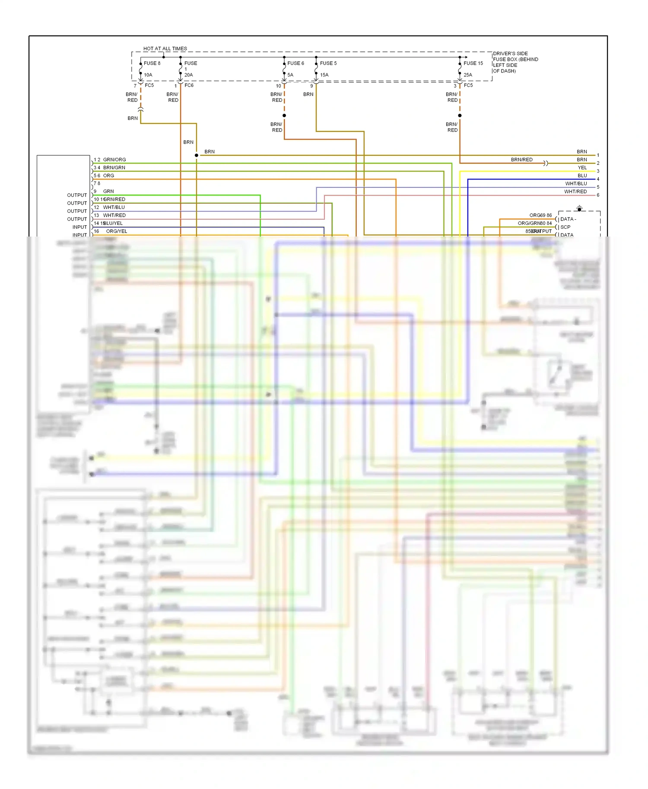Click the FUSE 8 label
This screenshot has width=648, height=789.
152,63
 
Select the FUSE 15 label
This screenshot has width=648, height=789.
473,63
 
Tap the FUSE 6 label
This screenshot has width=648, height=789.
295,63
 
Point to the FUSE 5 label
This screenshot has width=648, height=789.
328,63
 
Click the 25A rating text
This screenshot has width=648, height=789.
467,75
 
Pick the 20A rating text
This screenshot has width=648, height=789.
188,75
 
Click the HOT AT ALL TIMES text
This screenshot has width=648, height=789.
165,48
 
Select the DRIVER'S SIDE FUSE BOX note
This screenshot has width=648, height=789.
515,62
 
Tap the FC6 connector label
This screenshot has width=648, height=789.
189,85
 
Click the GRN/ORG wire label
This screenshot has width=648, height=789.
114,160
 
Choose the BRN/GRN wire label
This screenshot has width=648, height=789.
114,167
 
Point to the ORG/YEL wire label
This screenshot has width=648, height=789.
117,231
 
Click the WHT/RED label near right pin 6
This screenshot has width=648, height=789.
575,192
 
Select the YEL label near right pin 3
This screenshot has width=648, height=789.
582,168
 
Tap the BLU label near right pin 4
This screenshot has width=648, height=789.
582,176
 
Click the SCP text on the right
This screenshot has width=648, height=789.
565,227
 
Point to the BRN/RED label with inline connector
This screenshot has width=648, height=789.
521,160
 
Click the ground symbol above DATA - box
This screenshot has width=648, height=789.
579,209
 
